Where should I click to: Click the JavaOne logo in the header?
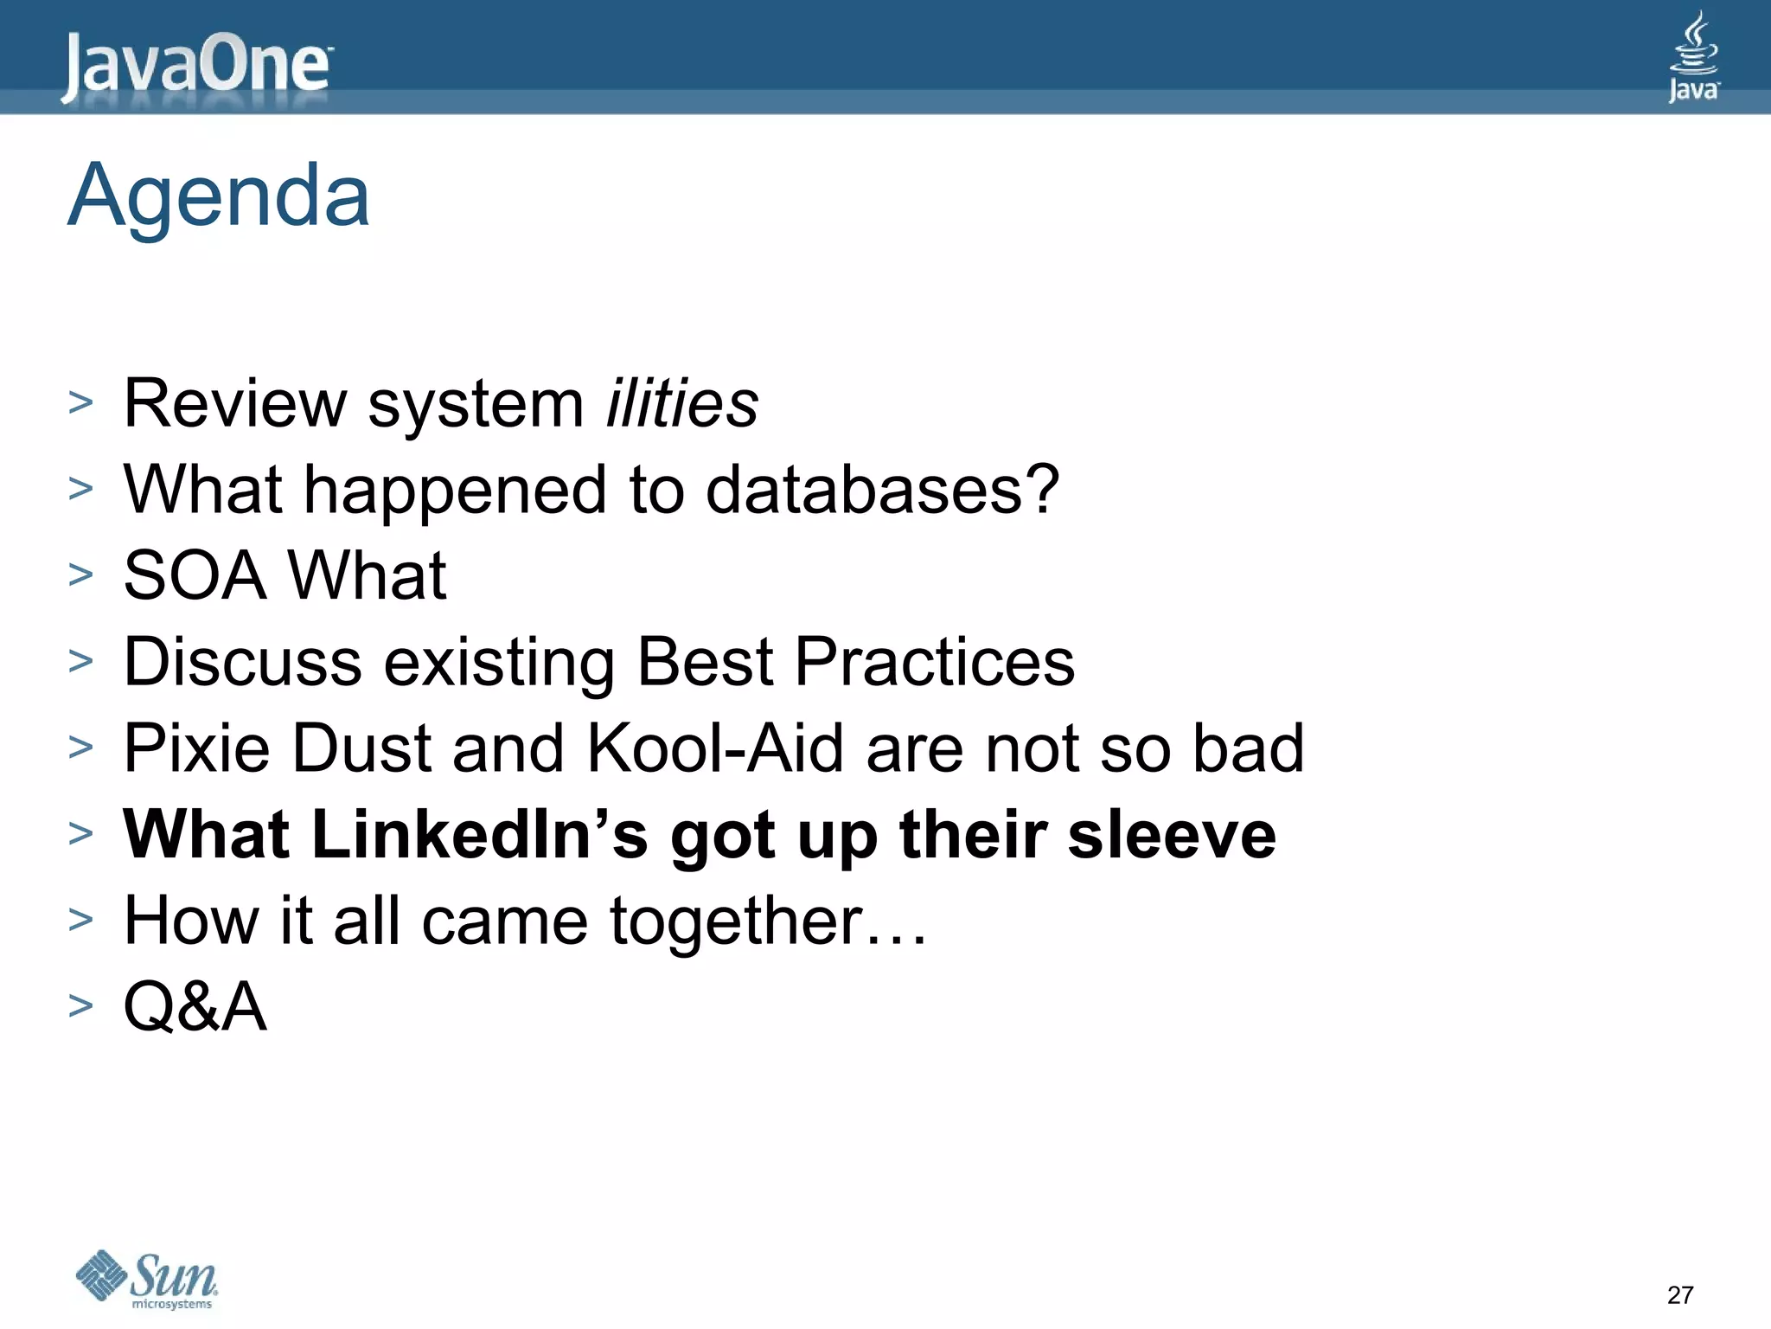pyautogui.click(x=196, y=67)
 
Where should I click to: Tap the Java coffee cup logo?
pyautogui.click(x=1693, y=57)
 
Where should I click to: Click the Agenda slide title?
pyautogui.click(x=219, y=196)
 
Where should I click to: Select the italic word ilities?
pyautogui.click(x=681, y=404)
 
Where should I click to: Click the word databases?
pyautogui.click(x=882, y=491)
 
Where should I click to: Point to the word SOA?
pyautogui.click(x=195, y=576)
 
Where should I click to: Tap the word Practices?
pyautogui.click(x=934, y=663)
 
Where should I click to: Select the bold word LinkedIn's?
pyautogui.click(x=479, y=835)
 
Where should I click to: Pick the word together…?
pyautogui.click(x=768, y=921)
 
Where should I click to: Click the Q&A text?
pyautogui.click(x=195, y=1007)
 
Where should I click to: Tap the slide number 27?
pyautogui.click(x=1679, y=1295)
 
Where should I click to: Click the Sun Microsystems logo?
pyautogui.click(x=147, y=1279)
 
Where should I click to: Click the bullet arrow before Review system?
pyautogui.click(x=80, y=402)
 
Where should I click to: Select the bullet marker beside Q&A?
pyautogui.click(x=80, y=1005)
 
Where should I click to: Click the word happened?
pyautogui.click(x=455, y=491)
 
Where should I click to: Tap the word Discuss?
pyautogui.click(x=243, y=663)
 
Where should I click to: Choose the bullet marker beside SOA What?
pyautogui.click(x=80, y=575)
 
